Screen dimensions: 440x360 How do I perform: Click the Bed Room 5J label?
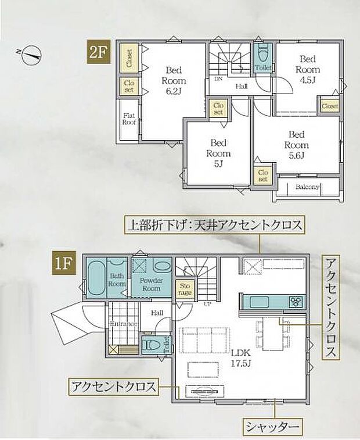[218, 153]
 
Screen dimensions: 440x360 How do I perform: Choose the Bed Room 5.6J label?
[297, 145]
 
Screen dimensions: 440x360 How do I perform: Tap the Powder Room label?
[152, 285]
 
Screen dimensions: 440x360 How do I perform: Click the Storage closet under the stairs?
[185, 289]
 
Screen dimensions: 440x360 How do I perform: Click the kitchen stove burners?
[296, 301]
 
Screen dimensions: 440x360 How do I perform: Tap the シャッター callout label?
[272, 428]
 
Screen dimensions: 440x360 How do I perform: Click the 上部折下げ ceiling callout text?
[215, 226]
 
